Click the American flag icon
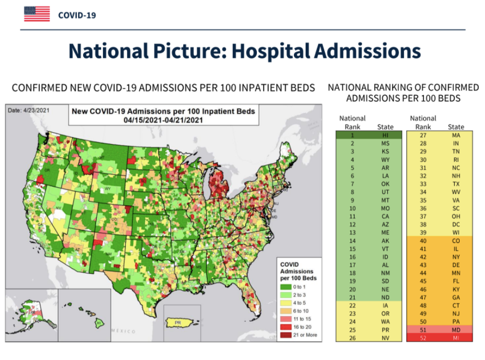[x=37, y=14]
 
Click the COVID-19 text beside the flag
[x=77, y=15]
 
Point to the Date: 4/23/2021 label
[x=28, y=110]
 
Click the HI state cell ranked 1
[x=385, y=135]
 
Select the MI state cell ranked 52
[x=456, y=337]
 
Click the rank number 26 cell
[x=352, y=337]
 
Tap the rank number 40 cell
[x=423, y=240]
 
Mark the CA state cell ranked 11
[x=385, y=216]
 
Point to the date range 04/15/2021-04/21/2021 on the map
[x=163, y=120]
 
